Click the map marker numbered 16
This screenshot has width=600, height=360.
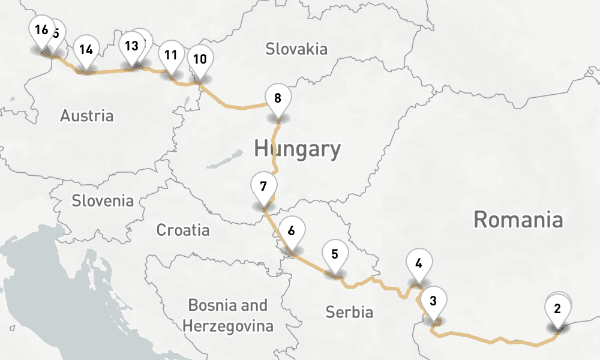click(41, 31)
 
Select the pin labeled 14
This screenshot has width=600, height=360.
click(86, 50)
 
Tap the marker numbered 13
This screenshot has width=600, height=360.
click(131, 46)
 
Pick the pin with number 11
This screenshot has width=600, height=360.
click(170, 56)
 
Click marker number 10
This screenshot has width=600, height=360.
click(200, 59)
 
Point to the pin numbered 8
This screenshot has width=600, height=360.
click(277, 98)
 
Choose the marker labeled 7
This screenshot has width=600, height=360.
click(263, 186)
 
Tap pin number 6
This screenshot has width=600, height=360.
click(291, 231)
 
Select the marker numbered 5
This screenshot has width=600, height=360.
click(335, 254)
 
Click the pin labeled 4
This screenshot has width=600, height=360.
click(418, 263)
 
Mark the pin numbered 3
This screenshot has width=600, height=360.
click(434, 299)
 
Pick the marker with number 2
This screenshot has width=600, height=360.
click(557, 310)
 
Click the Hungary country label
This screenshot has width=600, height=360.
click(297, 148)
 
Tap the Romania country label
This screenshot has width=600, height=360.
click(518, 220)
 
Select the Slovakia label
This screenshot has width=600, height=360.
click(296, 49)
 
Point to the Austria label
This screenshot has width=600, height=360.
click(86, 116)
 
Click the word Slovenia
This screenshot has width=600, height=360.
click(103, 200)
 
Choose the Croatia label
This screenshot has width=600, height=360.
click(183, 230)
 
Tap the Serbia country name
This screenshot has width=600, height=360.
click(349, 312)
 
